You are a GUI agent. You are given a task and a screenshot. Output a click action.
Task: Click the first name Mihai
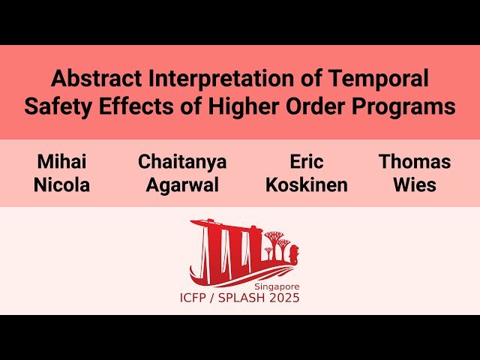[61, 161]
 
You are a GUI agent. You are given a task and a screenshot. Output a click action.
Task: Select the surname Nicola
[61, 185]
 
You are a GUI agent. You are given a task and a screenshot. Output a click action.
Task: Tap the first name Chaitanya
[182, 161]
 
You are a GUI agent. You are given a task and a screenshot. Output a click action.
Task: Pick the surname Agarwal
[182, 185]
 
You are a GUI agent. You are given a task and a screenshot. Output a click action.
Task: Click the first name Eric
[306, 161]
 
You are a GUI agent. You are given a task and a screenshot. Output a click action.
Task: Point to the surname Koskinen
[306, 185]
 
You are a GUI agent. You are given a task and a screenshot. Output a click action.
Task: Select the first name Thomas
[415, 161]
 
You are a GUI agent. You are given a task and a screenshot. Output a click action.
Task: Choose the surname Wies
[415, 185]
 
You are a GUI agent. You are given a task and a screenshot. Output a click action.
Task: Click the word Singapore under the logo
[276, 286]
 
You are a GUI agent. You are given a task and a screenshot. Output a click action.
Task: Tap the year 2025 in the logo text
[285, 298]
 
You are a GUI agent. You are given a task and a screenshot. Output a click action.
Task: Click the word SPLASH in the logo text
[241, 298]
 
